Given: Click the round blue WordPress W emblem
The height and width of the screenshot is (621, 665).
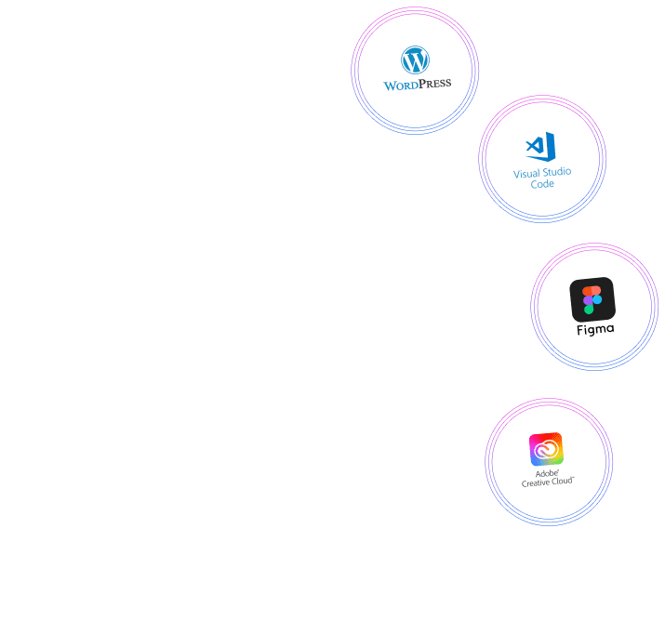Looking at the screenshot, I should [415, 61].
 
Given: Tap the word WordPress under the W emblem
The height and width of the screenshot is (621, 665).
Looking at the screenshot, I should [417, 85].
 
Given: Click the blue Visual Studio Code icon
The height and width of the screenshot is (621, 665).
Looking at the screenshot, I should [540, 147].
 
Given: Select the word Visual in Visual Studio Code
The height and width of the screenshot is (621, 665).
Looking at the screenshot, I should [526, 173].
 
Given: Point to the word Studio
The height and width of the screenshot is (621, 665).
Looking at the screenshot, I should [556, 173].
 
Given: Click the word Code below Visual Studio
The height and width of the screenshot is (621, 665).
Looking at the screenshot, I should [542, 184].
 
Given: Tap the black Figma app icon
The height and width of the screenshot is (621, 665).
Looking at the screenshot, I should [592, 299].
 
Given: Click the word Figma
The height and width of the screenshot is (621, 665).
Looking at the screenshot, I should [594, 329].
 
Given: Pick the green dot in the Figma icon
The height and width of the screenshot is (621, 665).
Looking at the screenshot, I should [588, 310].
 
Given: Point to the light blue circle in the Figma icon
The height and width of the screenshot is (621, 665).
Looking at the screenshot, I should [597, 300].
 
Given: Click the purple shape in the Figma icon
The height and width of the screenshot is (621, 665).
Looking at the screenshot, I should [588, 300].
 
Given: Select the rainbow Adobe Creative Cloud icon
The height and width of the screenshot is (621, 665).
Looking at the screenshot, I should [546, 449].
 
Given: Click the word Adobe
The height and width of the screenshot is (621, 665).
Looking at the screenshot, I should [546, 473].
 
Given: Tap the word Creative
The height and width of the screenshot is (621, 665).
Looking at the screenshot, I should [538, 482].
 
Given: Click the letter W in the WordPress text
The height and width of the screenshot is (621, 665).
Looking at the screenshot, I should [391, 85].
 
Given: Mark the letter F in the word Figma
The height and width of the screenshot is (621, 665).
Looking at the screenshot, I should [579, 328].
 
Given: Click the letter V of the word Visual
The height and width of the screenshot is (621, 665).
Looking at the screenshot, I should [516, 173].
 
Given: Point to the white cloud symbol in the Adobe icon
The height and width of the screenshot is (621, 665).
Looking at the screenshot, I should [547, 450].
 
